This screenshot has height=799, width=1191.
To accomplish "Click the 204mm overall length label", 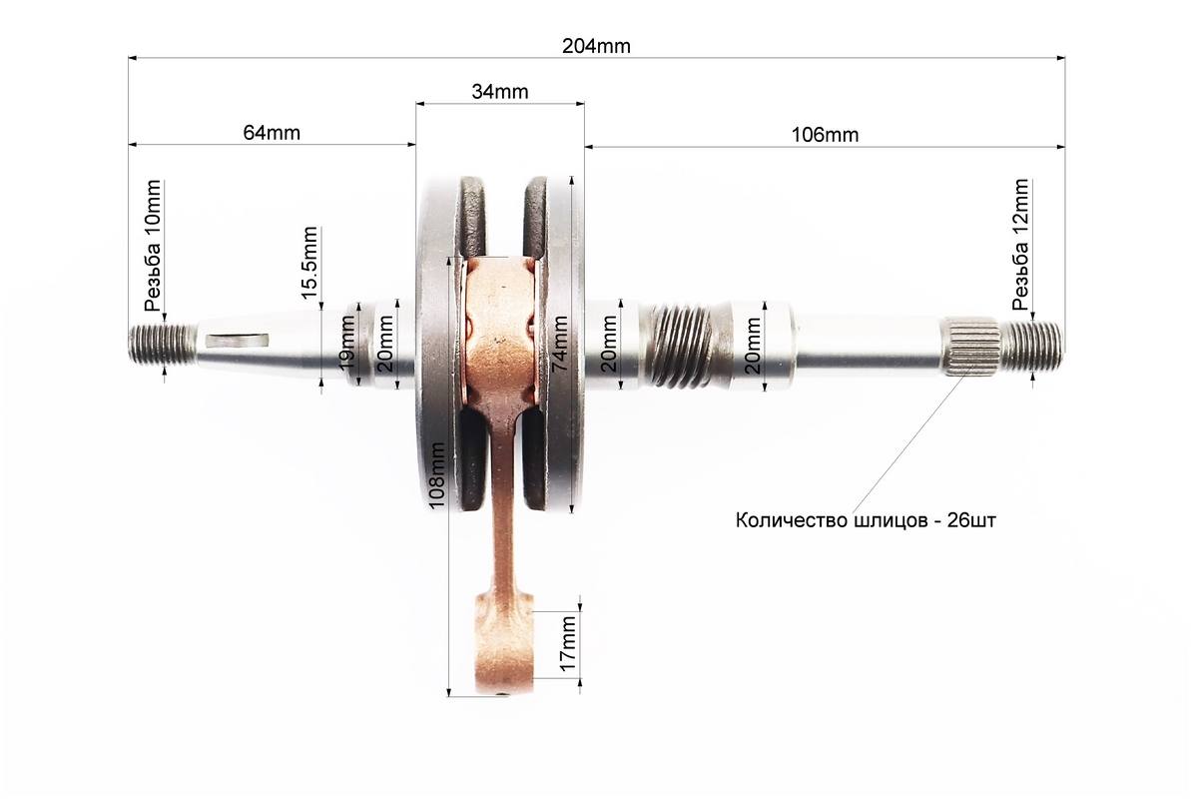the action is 596,46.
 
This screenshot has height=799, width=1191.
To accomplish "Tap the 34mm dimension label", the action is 500,91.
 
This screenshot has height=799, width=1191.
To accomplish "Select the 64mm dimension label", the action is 272,132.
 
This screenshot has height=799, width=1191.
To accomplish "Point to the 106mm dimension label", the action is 825,135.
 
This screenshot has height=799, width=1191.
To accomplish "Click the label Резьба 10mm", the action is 154,247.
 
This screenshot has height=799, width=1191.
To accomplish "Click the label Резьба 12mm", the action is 1020,244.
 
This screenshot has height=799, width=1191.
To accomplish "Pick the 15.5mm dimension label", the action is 309,263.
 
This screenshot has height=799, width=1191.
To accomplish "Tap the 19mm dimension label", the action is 347,343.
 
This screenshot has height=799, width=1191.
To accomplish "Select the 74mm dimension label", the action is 561,343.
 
